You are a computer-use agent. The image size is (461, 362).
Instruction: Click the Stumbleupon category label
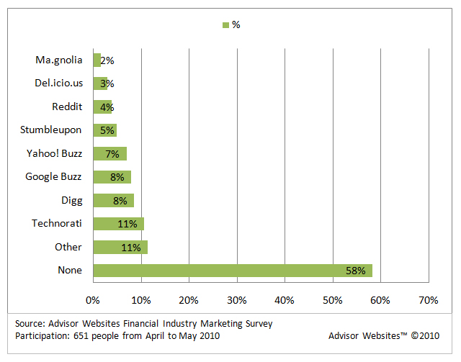(x=51, y=130)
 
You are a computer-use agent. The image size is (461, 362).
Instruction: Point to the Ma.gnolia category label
(x=58, y=60)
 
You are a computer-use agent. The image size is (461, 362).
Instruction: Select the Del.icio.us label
(x=58, y=83)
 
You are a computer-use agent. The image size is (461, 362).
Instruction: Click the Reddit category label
(x=67, y=107)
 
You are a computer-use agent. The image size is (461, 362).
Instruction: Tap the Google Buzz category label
(x=53, y=176)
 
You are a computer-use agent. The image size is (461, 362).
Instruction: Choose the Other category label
(x=68, y=247)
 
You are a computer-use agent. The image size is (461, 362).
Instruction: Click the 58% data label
(x=356, y=271)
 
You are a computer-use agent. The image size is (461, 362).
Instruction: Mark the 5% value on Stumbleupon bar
(x=107, y=130)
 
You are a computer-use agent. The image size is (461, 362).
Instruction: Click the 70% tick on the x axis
(x=428, y=299)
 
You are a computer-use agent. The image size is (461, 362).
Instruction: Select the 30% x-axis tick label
(x=236, y=299)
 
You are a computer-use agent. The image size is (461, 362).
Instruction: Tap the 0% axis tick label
(x=93, y=299)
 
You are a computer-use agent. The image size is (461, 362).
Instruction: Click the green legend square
(x=225, y=25)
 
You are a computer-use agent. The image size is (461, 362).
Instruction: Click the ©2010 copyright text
(x=424, y=335)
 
